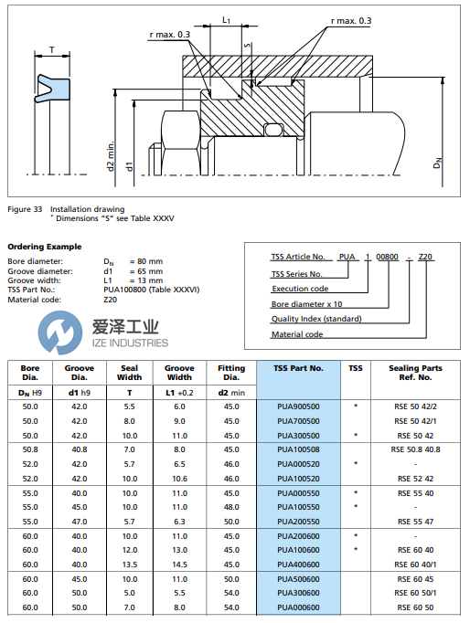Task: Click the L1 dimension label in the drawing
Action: click(226, 18)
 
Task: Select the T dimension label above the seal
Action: click(51, 51)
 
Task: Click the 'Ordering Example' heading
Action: click(44, 246)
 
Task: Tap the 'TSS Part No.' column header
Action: click(298, 368)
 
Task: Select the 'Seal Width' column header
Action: click(129, 374)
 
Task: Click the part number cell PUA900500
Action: click(298, 406)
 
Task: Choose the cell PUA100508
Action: click(298, 449)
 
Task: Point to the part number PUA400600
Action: click(298, 565)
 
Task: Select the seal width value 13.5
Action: click(129, 565)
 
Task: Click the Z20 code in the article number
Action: click(425, 259)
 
